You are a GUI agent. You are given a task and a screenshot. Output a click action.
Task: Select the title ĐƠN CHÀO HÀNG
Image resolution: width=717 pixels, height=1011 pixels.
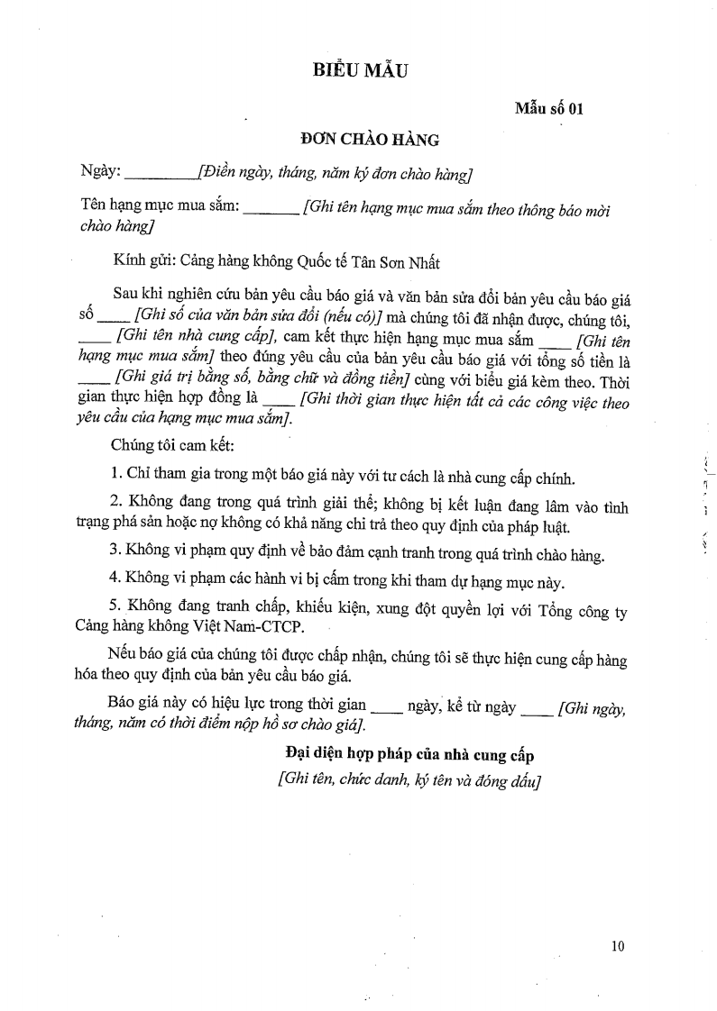click(370, 140)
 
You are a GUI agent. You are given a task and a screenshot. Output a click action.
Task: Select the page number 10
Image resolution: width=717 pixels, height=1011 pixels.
click(617, 945)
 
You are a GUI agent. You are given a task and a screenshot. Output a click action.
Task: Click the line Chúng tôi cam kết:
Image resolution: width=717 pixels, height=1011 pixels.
click(161, 445)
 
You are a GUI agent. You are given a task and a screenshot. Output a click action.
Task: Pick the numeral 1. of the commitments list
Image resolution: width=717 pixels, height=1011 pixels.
click(116, 477)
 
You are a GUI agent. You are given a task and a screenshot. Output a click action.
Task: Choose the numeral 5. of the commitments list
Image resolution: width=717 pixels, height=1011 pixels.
click(116, 611)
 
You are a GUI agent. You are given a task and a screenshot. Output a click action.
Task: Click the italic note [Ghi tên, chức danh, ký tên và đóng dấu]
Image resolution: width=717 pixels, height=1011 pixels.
click(409, 780)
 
